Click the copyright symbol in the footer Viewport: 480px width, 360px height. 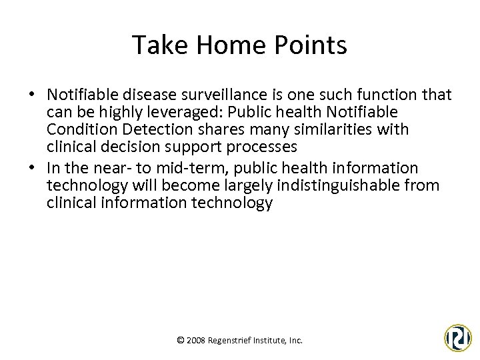(x=181, y=341)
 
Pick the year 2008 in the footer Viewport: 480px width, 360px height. (x=196, y=341)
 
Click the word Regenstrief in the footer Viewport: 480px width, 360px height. (x=231, y=341)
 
